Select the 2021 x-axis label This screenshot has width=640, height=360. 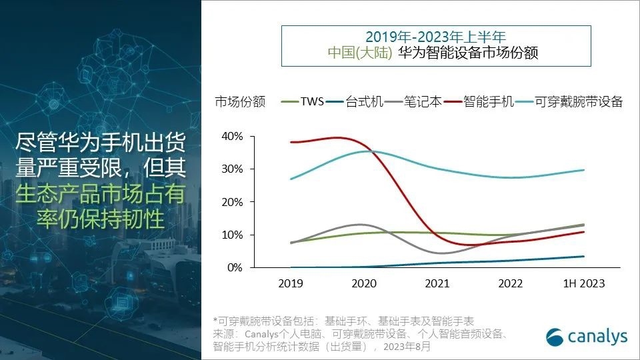(x=437, y=284)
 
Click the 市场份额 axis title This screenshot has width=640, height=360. (x=240, y=102)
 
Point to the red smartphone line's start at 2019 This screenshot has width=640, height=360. (x=291, y=142)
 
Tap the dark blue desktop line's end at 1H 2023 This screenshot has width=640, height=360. (x=585, y=256)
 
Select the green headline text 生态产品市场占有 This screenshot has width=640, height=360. (x=99, y=194)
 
